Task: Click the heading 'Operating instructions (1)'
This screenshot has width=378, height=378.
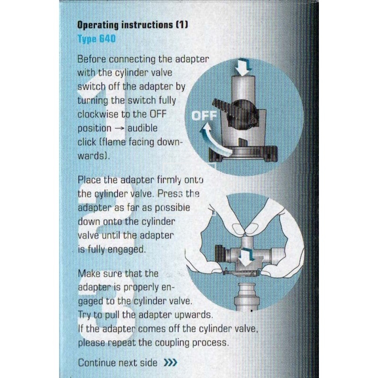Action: (132, 25)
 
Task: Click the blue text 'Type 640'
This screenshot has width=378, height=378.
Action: (96, 39)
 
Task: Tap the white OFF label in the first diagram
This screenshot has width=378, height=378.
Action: (204, 116)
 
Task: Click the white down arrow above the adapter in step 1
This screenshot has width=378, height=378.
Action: (243, 67)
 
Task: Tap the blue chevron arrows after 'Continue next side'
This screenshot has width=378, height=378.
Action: (171, 362)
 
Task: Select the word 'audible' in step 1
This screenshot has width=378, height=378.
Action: (143, 128)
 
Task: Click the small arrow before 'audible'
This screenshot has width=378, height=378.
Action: (120, 128)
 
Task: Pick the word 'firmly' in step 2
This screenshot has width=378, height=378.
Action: (169, 180)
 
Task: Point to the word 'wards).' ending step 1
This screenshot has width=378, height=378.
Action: (93, 156)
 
